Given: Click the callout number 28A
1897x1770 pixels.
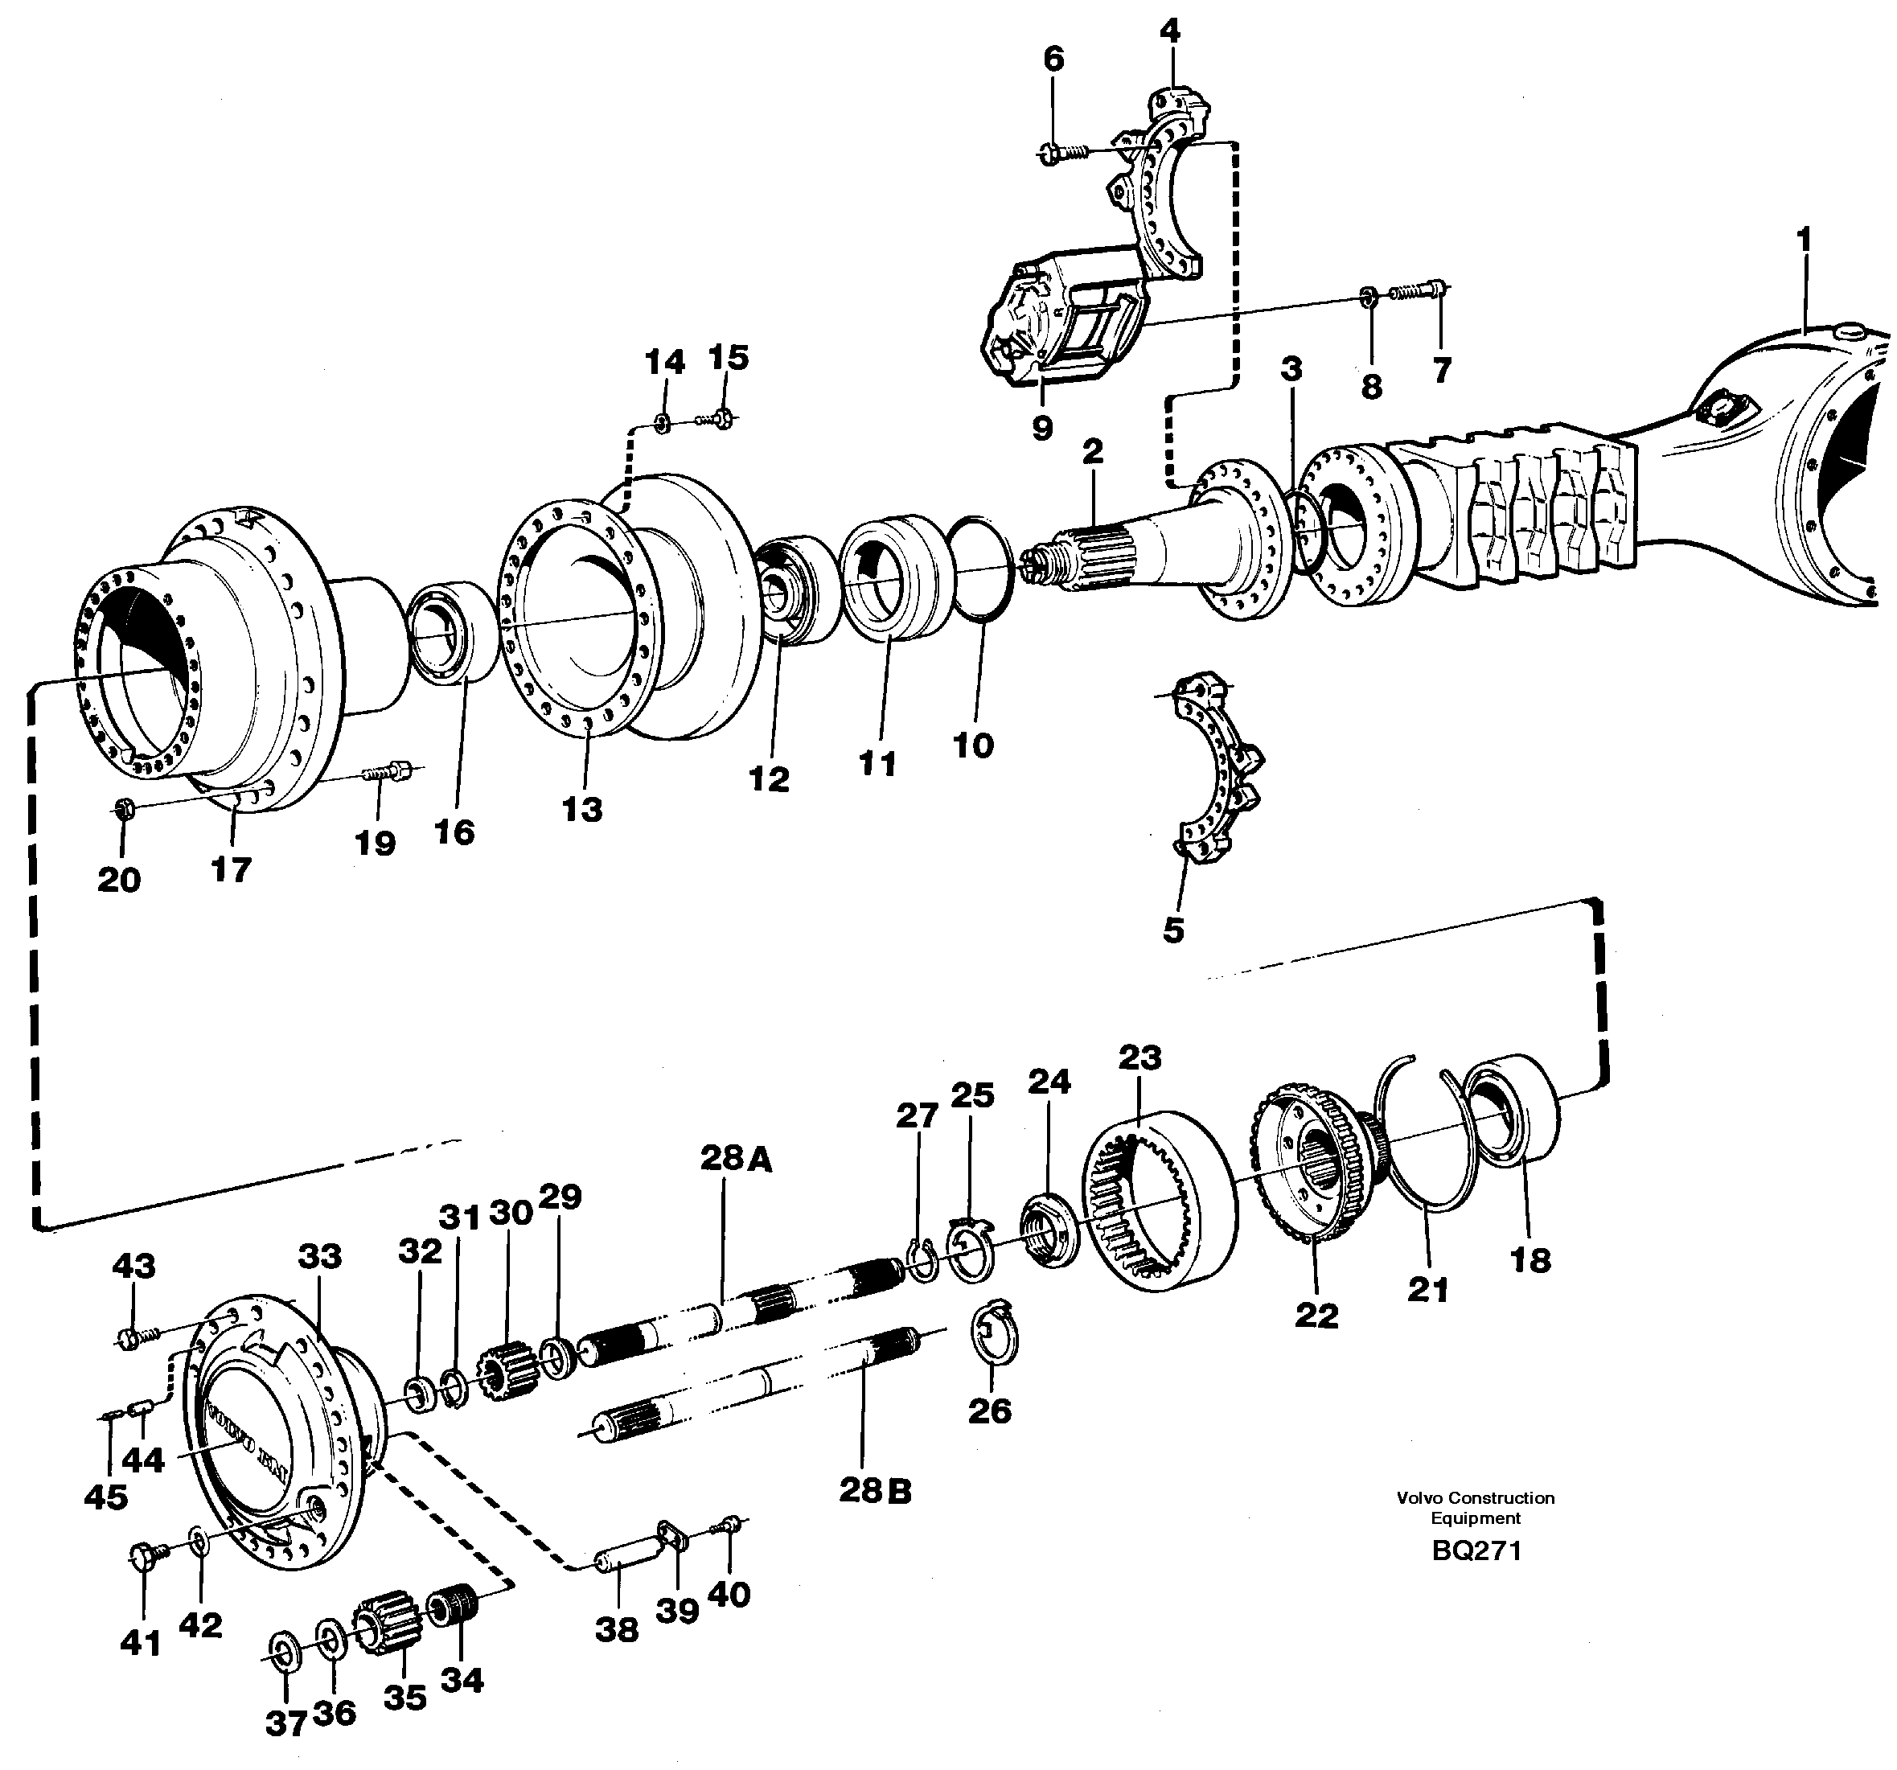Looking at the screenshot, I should click(x=735, y=1158).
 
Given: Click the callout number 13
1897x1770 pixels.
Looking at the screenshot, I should click(x=582, y=809).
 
